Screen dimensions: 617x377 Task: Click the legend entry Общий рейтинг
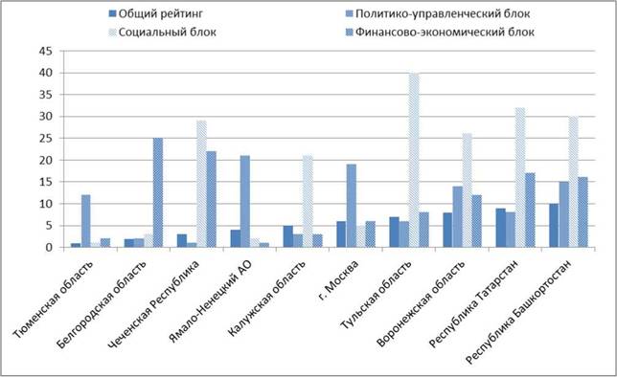[156, 13]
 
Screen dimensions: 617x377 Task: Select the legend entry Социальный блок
[163, 32]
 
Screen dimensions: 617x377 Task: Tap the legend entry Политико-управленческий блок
[438, 13]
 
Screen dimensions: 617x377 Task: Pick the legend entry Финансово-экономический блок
[440, 32]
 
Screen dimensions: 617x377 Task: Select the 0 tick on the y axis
[49, 247]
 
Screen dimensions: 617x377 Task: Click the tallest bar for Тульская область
[414, 160]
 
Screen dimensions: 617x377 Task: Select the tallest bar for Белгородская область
[158, 192]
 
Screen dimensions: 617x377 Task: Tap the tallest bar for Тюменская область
[86, 221]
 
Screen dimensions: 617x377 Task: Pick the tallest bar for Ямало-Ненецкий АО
[244, 201]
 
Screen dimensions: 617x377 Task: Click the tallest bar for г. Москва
[352, 206]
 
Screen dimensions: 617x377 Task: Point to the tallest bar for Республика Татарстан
[520, 177]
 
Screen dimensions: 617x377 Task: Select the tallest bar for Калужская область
[308, 201]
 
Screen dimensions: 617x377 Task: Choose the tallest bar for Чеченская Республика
[201, 184]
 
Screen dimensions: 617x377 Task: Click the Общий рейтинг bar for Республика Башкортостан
[554, 226]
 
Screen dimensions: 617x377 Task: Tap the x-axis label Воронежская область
[421, 302]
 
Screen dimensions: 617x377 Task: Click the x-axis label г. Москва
[338, 279]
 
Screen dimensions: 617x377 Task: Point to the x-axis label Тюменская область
[53, 299]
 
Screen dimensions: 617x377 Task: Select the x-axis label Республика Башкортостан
[517, 311]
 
